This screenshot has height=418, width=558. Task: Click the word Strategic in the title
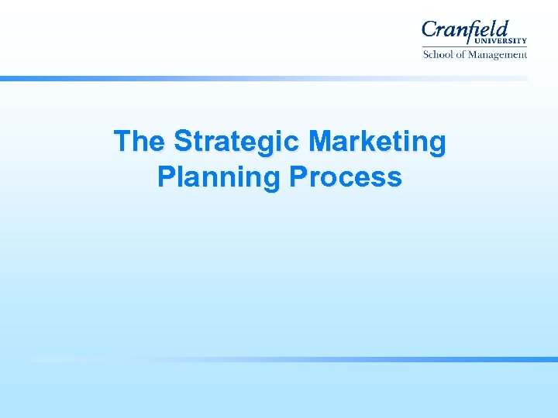coord(237,142)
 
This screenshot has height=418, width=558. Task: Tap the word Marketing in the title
coord(377,142)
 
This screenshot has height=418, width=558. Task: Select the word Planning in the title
coord(219,177)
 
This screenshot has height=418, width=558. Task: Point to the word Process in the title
coord(346,177)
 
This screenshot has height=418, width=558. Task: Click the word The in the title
coord(140,142)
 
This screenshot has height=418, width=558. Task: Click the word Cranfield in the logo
coord(465,31)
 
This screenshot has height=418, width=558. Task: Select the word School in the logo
coord(439,55)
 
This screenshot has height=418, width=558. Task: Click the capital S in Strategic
coord(183,142)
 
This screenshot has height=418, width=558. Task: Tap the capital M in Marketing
coord(320,142)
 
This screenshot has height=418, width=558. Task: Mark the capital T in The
coord(122,142)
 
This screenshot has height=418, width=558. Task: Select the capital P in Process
coord(298,177)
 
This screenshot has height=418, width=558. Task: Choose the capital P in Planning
coord(166,177)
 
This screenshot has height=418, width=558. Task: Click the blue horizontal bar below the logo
coord(263,78)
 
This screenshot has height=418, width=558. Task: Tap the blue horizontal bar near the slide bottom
coord(294,359)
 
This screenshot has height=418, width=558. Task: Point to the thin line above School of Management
coord(474,48)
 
